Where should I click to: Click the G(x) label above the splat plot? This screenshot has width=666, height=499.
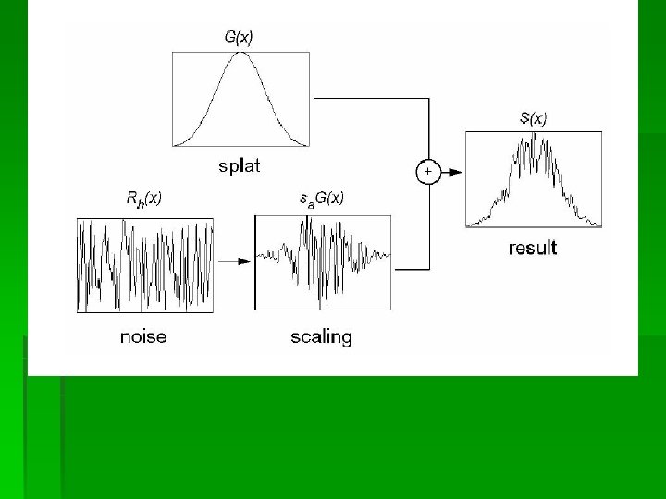point(240,38)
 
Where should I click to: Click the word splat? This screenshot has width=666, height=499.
point(240,166)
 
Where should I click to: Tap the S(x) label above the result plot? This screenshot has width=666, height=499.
point(533,118)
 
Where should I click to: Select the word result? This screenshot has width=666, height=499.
point(533,248)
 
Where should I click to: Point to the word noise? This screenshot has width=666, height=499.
point(143,336)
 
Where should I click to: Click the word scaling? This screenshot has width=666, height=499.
point(322,336)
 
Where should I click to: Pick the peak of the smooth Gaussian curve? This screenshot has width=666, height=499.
point(240,53)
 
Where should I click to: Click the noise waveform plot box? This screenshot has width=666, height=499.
point(145,265)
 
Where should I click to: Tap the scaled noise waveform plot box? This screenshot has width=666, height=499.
point(323,262)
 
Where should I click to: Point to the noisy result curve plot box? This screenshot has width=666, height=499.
point(534,179)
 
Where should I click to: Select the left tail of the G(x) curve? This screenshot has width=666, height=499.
point(181,142)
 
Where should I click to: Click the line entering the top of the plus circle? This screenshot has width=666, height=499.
point(428,129)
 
